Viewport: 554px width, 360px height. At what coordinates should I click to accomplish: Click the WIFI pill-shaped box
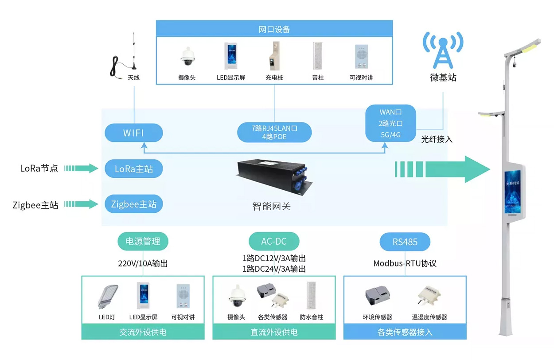(133, 133)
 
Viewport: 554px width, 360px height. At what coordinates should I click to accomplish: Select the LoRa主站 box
(133, 169)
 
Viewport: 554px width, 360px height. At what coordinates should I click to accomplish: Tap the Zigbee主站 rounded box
(133, 204)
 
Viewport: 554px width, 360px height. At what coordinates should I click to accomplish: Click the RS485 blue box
(405, 242)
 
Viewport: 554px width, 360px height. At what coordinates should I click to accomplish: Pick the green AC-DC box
(274, 242)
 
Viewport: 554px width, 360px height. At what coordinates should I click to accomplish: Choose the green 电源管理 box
(143, 242)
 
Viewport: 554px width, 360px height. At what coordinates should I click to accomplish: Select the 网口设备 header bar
(274, 30)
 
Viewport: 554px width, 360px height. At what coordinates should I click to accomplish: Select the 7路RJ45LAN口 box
(274, 133)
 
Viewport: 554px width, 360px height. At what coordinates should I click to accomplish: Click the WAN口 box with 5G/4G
(390, 123)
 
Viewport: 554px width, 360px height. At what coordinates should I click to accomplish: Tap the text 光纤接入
(437, 139)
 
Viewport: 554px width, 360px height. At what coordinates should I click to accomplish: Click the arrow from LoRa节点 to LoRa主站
(81, 168)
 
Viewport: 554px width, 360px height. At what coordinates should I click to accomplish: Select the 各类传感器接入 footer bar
(405, 332)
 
